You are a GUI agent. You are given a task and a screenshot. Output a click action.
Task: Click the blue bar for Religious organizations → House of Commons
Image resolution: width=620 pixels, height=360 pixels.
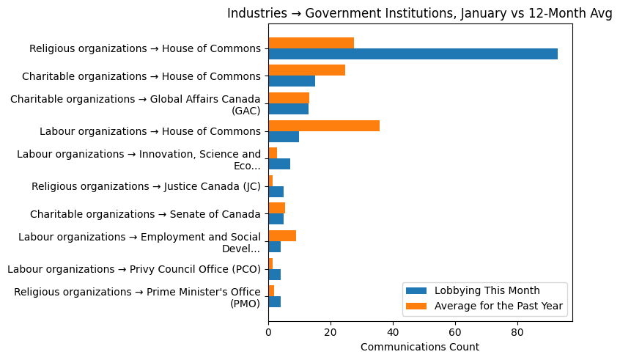[x=413, y=54]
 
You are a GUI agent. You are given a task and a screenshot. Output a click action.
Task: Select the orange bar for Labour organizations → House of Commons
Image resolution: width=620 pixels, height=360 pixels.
[x=324, y=125]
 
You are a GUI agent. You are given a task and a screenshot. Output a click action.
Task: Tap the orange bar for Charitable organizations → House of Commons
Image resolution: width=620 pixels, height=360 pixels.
[x=306, y=70]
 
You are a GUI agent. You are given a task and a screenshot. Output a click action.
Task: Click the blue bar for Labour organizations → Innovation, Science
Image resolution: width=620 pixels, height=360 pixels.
[x=279, y=164]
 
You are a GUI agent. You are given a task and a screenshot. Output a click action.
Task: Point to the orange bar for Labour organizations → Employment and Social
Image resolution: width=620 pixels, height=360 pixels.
[x=282, y=235]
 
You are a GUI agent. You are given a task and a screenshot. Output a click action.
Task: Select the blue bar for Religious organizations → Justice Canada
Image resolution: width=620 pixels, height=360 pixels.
[x=276, y=191]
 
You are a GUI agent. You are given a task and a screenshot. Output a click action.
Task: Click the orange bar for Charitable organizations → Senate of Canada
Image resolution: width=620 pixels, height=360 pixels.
[x=276, y=208]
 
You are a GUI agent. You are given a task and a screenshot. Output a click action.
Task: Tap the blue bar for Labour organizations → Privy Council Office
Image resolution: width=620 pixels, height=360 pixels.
[x=274, y=274]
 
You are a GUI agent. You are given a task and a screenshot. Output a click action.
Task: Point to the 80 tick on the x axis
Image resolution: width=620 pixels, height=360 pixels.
[x=517, y=322]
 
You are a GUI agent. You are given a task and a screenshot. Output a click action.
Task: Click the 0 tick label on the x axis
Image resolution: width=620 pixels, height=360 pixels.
[x=268, y=332]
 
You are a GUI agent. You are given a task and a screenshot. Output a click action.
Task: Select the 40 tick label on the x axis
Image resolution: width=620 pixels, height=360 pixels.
[x=393, y=332]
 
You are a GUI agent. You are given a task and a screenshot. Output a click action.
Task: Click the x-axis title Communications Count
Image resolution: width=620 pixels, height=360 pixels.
[x=420, y=347]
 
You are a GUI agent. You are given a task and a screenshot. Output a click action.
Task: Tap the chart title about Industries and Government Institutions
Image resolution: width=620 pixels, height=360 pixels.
[x=420, y=13]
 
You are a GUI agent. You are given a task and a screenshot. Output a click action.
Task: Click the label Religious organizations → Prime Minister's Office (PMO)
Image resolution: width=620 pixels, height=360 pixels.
[x=137, y=297]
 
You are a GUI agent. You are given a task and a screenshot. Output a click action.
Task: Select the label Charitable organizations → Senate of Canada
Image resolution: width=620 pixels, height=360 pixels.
[x=145, y=214]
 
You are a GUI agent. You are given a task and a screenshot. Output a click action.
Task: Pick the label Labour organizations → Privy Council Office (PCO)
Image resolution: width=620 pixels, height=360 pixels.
[x=134, y=269]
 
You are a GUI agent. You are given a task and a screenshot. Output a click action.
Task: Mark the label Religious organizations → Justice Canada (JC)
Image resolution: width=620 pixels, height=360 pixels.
[x=146, y=186]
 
